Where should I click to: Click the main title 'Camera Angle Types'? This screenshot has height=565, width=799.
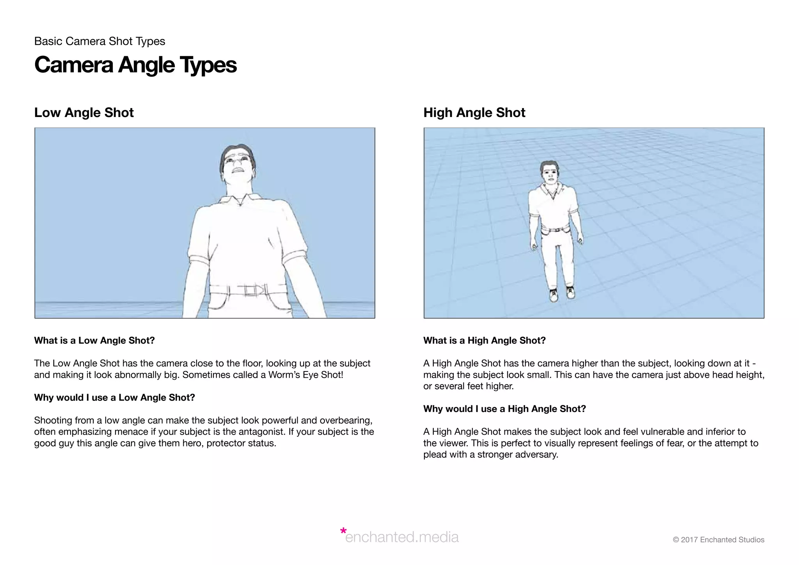[x=135, y=65]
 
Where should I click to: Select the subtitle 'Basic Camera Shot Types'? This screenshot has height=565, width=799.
[x=99, y=41]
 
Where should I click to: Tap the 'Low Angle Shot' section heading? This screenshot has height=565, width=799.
[x=84, y=113]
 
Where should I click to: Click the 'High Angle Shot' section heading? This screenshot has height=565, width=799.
[x=474, y=113]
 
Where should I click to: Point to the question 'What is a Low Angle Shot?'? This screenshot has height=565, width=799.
[x=94, y=341]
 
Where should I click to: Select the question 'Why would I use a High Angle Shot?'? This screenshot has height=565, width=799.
[x=504, y=409]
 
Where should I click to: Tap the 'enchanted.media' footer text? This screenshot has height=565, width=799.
[x=402, y=537]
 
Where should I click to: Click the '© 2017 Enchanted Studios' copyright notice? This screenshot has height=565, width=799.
[x=718, y=540]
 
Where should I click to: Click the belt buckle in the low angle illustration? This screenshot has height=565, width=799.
[x=250, y=290]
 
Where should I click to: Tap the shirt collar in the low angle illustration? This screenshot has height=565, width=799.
[x=239, y=200]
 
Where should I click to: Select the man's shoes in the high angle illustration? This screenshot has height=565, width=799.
[x=562, y=294]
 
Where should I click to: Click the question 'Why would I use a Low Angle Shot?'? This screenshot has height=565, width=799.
[x=114, y=398]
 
